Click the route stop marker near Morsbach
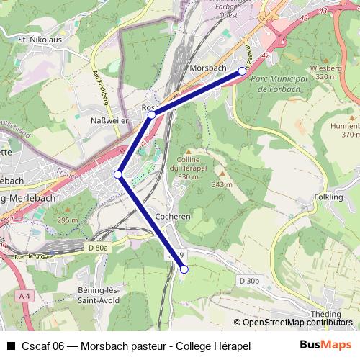[243, 71]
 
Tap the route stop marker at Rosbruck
[152, 114]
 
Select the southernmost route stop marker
[184, 269]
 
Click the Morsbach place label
[208, 67]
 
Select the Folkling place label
[329, 197]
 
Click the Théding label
[326, 314]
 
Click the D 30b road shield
[249, 280]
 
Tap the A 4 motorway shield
[25, 296]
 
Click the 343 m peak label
[222, 184]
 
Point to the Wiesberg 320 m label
[325, 72]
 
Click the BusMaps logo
[325, 345]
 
